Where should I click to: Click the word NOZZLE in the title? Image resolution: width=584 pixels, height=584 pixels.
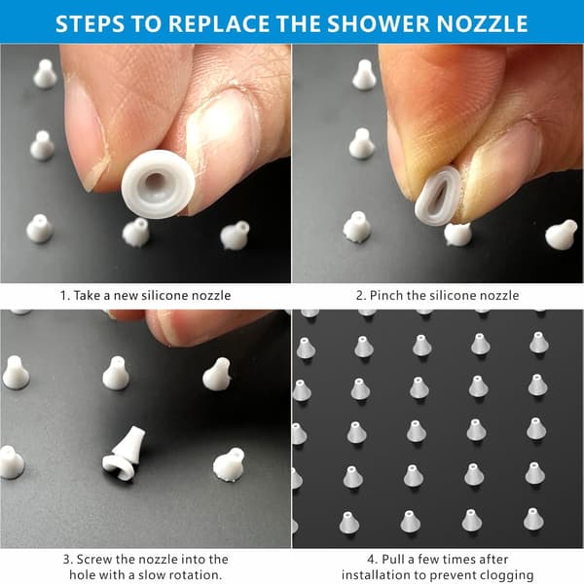click(482, 23)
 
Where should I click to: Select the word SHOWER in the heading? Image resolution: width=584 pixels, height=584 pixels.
click(379, 23)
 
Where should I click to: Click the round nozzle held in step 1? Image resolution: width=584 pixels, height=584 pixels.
click(158, 183)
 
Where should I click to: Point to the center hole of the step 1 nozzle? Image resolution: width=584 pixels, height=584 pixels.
click(156, 182)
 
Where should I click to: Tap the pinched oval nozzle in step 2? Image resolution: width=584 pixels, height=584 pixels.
click(437, 196)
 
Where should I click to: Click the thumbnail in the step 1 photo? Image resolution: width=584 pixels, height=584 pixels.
click(221, 146)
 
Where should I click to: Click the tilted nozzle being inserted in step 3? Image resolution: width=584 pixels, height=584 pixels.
click(125, 455)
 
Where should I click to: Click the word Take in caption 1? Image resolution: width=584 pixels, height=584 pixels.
click(87, 295)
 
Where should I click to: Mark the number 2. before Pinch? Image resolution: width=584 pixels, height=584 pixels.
click(361, 296)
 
